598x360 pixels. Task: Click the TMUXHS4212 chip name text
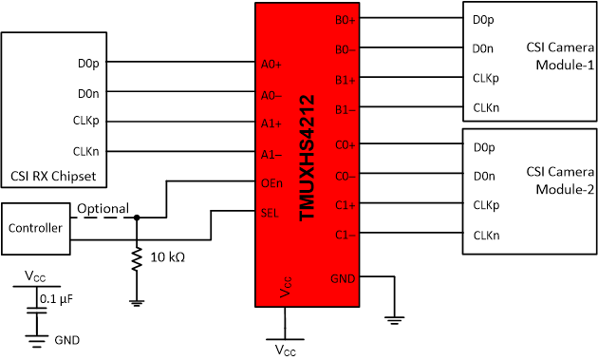[306, 157]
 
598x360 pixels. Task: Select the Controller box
[35, 228]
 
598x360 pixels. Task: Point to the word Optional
[103, 208]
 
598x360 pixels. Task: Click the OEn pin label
[271, 183]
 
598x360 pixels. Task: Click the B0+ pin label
[346, 19]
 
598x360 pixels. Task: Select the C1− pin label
[345, 234]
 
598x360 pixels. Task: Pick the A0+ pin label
[271, 66]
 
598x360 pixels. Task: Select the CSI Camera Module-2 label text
[560, 181]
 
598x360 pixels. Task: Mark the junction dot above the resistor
[137, 218]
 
